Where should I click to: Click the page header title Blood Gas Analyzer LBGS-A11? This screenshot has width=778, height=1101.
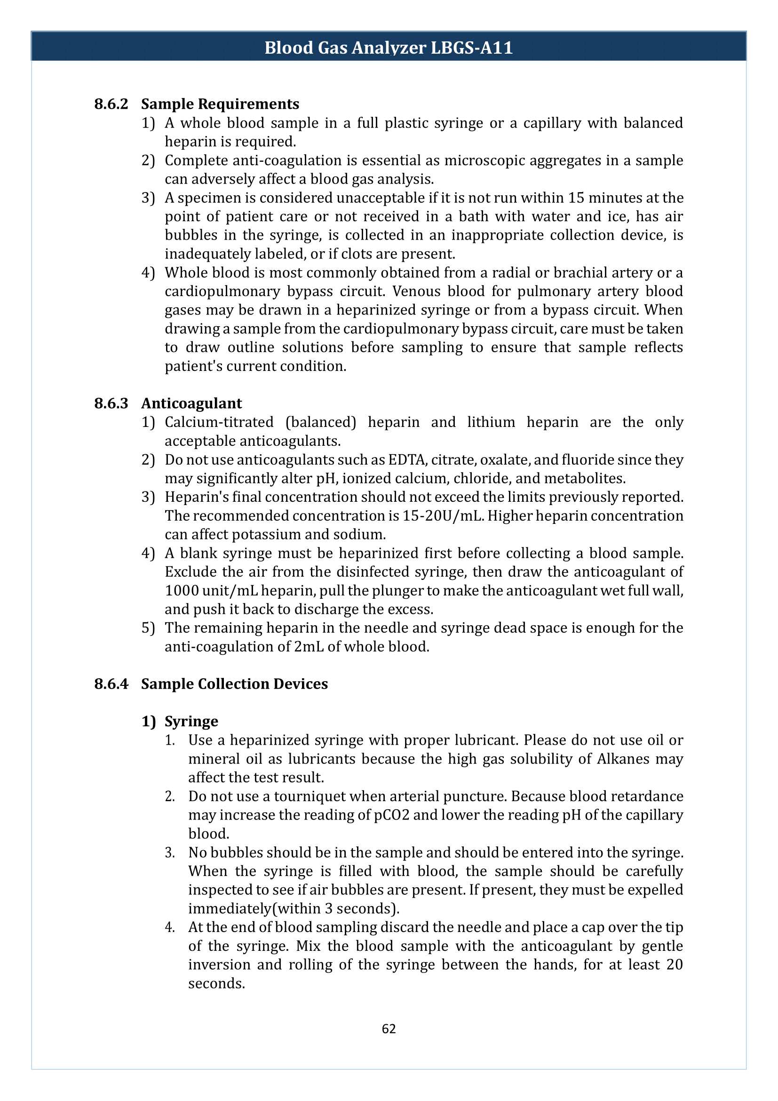coord(389,48)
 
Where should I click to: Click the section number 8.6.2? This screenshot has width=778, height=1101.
coord(111,104)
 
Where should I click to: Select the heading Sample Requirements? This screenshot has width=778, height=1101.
coord(220,104)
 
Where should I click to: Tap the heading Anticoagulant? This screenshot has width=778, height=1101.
coord(191,403)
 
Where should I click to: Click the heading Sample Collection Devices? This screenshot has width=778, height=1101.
coord(234,684)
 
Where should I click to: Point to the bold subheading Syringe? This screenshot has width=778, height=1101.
coord(191,721)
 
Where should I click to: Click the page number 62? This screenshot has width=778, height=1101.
coord(389,1029)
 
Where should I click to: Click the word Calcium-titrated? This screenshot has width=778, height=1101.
coord(219,422)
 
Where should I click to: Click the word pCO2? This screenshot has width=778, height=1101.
coord(391,815)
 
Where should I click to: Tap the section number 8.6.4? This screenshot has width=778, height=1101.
coord(111,684)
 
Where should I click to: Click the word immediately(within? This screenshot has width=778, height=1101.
coord(254,908)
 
